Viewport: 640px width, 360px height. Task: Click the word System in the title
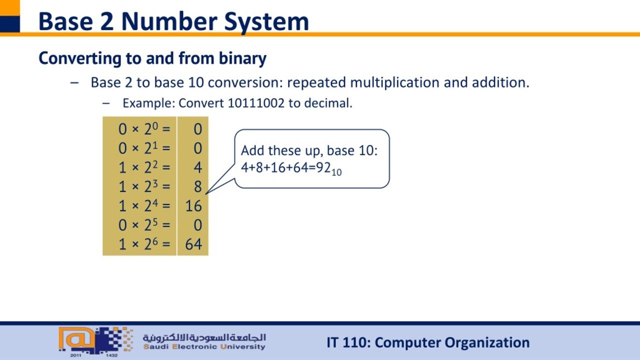pyautogui.click(x=266, y=22)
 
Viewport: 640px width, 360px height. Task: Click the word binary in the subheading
pyautogui.click(x=242, y=59)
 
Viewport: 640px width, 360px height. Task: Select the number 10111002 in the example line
pyautogui.click(x=256, y=103)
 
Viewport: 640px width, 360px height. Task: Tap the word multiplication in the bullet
pyautogui.click(x=394, y=82)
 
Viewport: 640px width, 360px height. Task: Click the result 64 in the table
pyautogui.click(x=193, y=244)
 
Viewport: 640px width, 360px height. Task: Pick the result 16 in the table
pyautogui.click(x=193, y=206)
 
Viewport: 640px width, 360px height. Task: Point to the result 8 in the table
pyautogui.click(x=197, y=187)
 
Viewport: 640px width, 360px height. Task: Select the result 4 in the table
pyautogui.click(x=197, y=167)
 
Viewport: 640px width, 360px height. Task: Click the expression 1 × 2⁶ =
pyautogui.click(x=144, y=243)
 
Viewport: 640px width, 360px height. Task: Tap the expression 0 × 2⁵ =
pyautogui.click(x=144, y=224)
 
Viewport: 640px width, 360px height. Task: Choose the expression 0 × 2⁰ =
pyautogui.click(x=144, y=128)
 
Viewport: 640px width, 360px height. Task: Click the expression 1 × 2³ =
pyautogui.click(x=144, y=186)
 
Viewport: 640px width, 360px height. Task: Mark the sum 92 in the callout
pyautogui.click(x=323, y=167)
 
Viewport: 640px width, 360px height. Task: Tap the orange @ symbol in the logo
pyautogui.click(x=77, y=339)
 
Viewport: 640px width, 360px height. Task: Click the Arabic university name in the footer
pyautogui.click(x=204, y=337)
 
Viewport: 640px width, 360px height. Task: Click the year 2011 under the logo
pyautogui.click(x=75, y=355)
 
